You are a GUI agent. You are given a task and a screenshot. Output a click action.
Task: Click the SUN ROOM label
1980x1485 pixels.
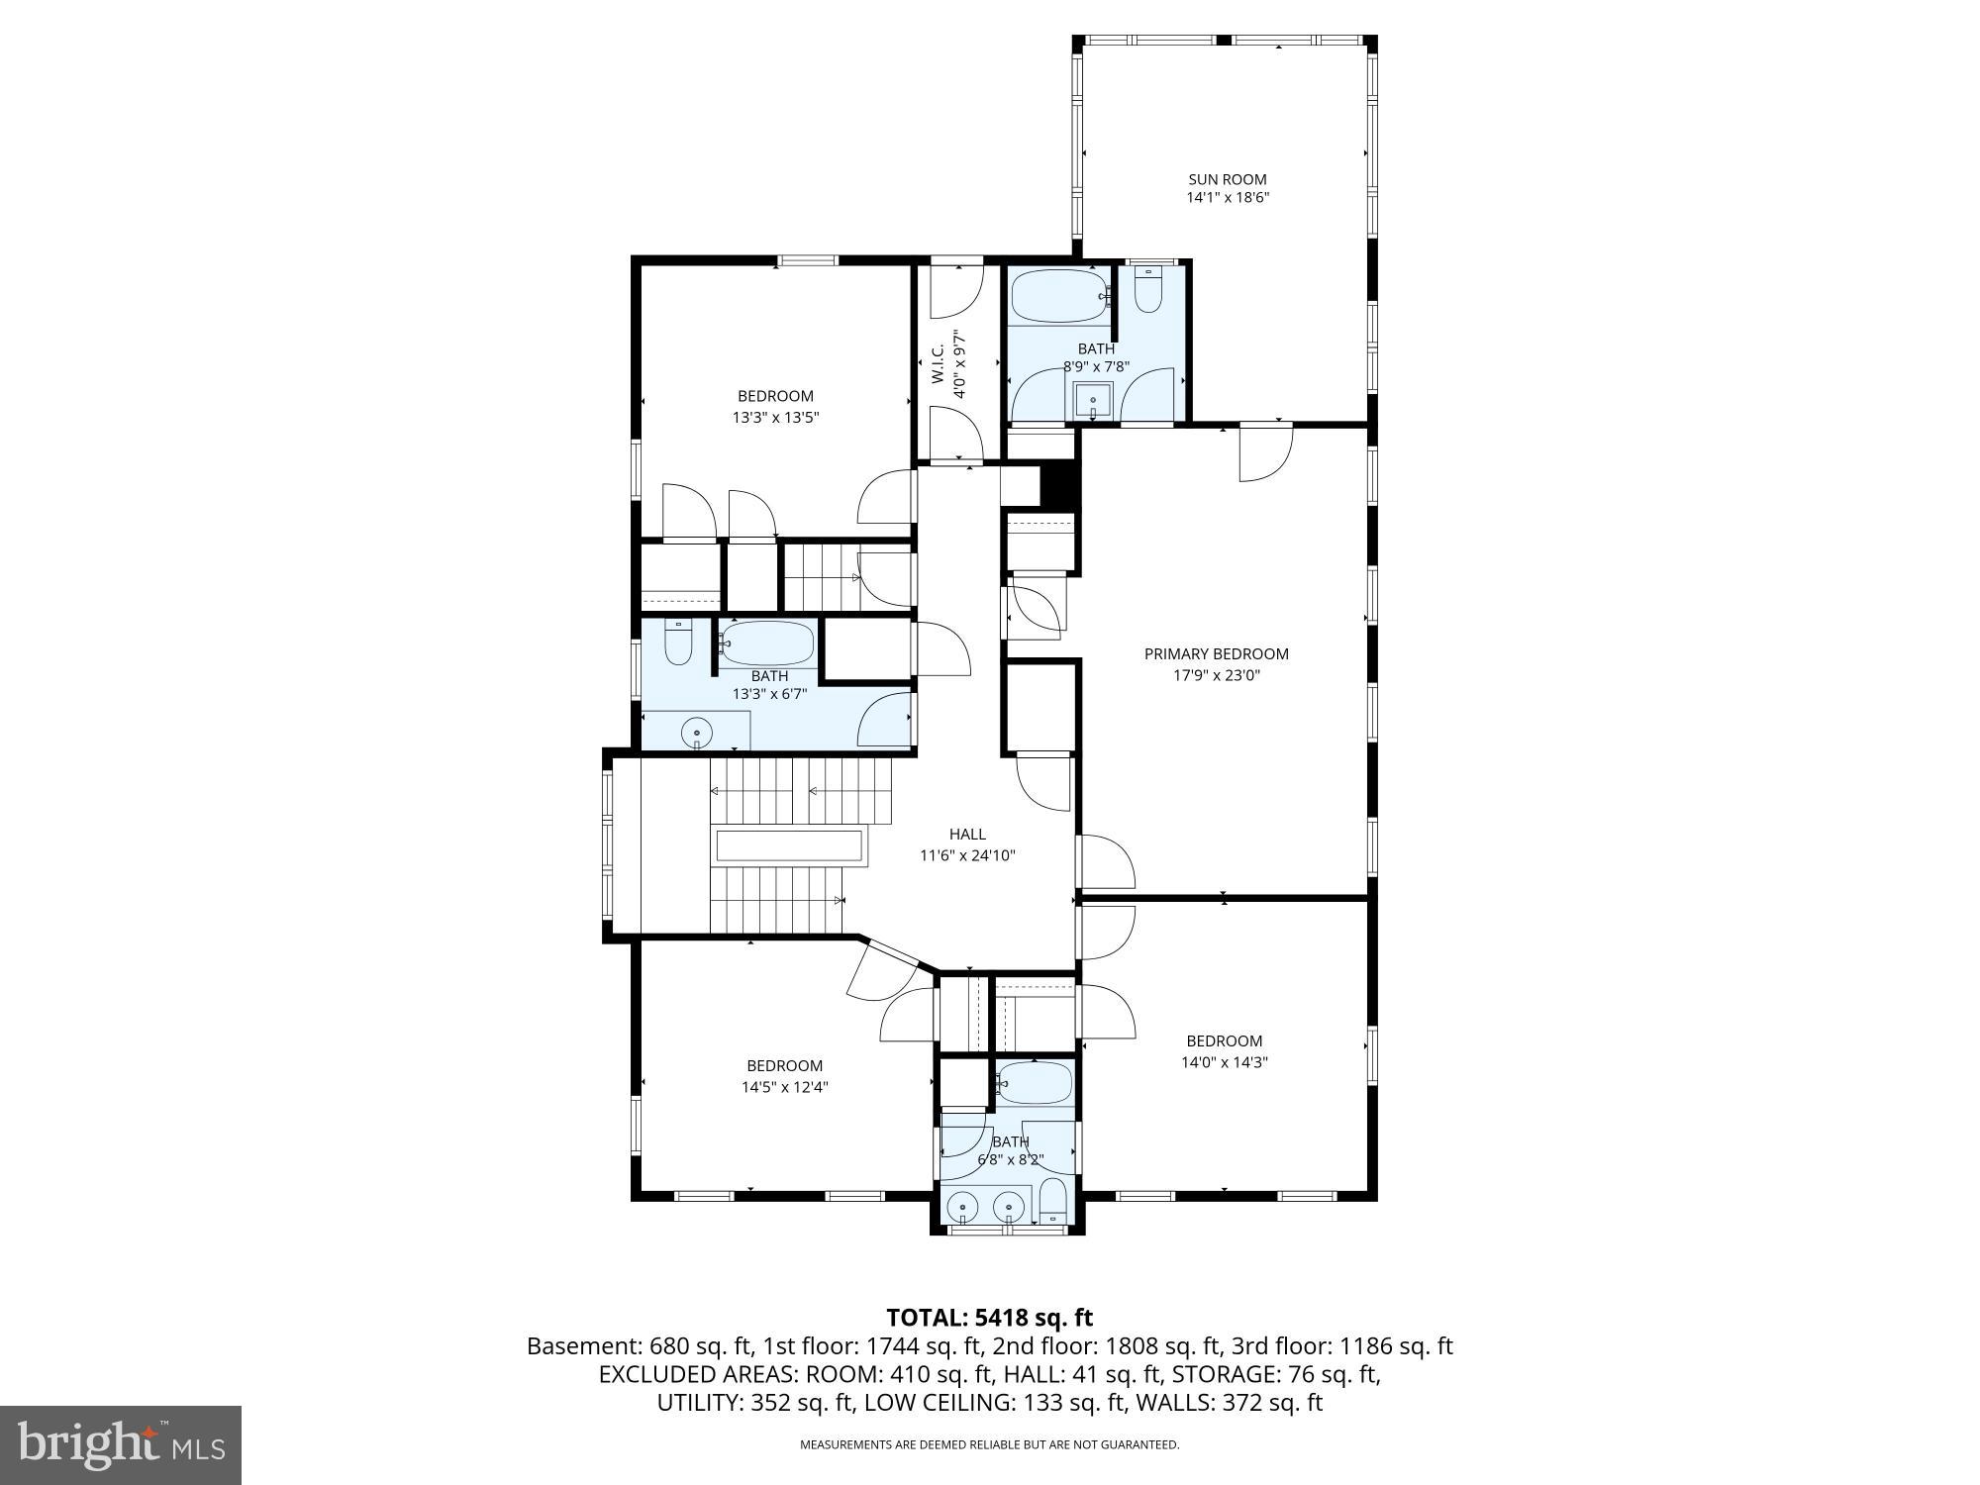point(1228,179)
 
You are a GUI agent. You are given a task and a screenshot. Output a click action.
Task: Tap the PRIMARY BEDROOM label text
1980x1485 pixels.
point(1216,653)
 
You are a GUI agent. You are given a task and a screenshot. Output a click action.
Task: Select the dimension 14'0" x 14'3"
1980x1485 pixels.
point(1224,1062)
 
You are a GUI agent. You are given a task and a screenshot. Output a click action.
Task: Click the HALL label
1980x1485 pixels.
point(967,834)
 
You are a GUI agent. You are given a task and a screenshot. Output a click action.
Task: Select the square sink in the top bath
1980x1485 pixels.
point(1093,401)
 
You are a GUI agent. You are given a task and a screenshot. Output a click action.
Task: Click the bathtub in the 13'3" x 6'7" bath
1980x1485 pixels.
point(767,643)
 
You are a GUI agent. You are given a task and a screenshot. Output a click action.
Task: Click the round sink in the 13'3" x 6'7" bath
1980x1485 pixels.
point(697,734)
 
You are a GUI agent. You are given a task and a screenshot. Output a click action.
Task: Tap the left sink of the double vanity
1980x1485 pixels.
point(962,1208)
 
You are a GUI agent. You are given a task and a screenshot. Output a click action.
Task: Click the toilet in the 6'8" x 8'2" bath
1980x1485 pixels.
point(1053,1201)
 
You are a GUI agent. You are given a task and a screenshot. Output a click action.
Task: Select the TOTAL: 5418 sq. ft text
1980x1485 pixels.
point(989,1318)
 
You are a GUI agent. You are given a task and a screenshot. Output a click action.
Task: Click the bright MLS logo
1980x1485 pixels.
point(120,1445)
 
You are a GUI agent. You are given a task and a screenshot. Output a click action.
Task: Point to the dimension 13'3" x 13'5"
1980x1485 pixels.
point(775,418)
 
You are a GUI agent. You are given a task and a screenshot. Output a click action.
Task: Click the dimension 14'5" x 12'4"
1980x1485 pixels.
point(784,1087)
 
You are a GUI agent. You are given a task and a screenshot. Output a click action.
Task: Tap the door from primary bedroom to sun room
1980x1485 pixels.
point(1267,453)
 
